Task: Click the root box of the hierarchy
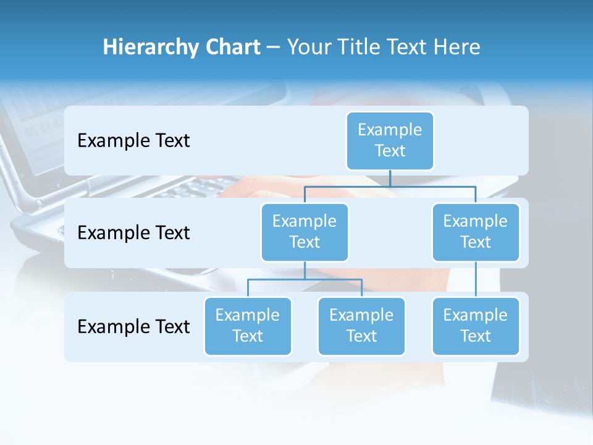[390, 141]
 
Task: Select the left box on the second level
[305, 232]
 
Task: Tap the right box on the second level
[476, 232]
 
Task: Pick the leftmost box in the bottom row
[248, 326]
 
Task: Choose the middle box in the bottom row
[361, 326]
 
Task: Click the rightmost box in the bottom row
[476, 326]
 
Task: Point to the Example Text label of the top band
[133, 141]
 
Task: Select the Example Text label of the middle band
[133, 233]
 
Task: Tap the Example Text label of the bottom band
[133, 326]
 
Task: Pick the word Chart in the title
[232, 47]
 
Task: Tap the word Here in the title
[456, 47]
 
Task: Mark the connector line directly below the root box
[390, 178]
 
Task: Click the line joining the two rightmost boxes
[476, 279]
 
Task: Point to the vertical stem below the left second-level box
[305, 270]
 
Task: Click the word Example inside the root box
[390, 130]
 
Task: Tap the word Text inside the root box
[390, 151]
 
